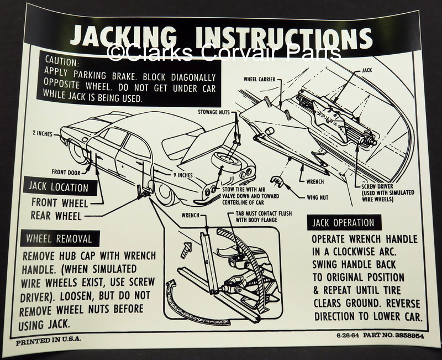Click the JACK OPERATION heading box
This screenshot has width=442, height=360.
pos(343,223)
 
